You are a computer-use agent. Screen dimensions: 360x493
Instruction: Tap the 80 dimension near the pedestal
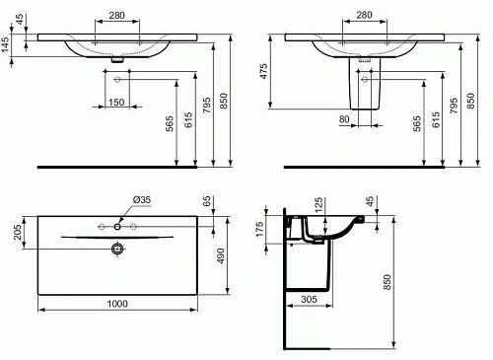pyautogui.click(x=343, y=120)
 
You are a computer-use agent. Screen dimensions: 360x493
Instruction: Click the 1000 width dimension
pyautogui.click(x=117, y=306)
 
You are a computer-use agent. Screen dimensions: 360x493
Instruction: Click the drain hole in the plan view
pyautogui.click(x=117, y=250)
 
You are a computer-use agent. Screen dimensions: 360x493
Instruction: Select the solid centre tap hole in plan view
pyautogui.click(x=117, y=226)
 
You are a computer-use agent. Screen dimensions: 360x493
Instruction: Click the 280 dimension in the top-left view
pyautogui.click(x=117, y=16)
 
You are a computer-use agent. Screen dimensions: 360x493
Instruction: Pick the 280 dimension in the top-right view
pyautogui.click(x=365, y=16)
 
